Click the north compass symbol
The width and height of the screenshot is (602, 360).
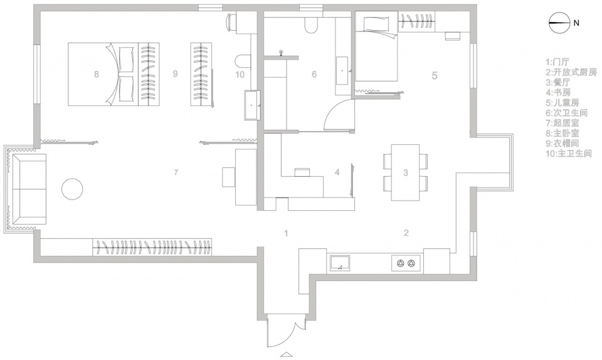tap(559, 23)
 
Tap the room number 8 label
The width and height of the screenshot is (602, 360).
tap(97, 74)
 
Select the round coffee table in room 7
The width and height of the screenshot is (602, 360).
tap(72, 189)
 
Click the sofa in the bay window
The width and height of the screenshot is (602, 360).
tap(29, 189)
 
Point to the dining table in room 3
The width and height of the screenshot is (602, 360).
tap(406, 172)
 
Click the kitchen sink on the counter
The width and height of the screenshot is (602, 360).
tap(339, 263)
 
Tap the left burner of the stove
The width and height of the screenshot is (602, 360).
tap(401, 263)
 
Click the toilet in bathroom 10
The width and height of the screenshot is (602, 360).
tap(242, 62)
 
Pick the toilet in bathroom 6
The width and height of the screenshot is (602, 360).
tap(310, 25)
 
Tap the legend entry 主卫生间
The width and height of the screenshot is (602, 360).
tap(569, 154)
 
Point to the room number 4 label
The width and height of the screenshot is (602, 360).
tap(337, 172)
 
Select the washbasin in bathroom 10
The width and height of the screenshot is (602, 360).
tap(252, 105)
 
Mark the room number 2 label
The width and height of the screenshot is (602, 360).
tap(406, 233)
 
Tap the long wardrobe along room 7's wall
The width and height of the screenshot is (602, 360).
tap(152, 246)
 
